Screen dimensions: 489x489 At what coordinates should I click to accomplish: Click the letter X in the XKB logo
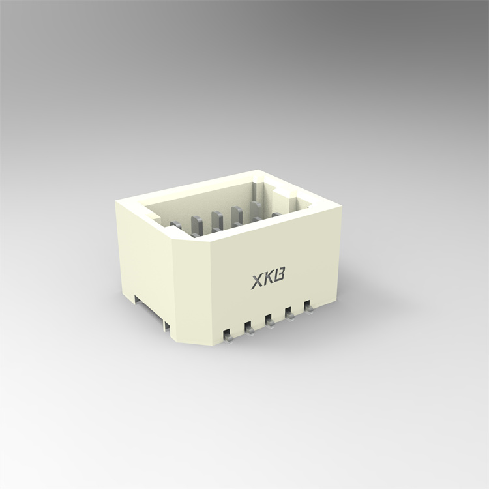258,282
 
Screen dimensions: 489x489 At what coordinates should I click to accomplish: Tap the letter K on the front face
269,280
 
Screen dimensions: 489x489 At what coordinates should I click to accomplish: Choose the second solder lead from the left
249,327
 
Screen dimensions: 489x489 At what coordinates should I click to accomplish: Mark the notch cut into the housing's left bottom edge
136,299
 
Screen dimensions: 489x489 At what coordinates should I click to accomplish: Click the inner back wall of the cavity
209,202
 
